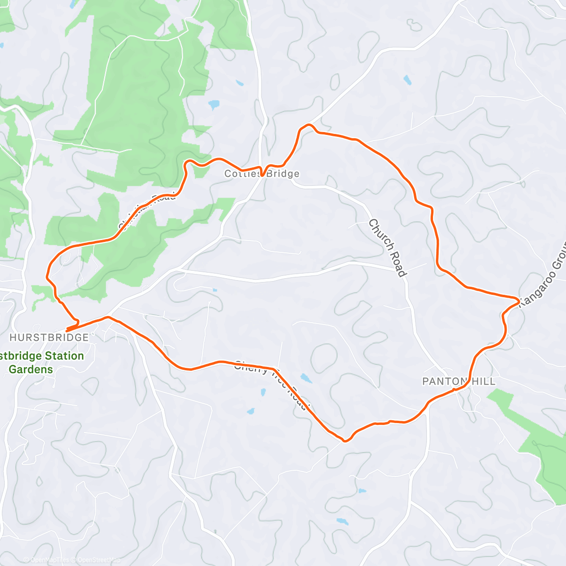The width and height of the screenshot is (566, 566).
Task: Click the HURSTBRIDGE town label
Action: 49,337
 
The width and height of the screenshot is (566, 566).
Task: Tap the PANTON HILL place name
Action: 459,381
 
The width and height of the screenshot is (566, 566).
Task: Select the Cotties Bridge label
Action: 262,174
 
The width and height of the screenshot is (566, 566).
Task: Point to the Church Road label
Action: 388,248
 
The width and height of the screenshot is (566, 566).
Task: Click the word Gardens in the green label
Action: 31,369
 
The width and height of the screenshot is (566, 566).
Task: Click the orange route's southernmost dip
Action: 346,441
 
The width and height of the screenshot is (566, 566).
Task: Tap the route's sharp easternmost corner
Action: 519,300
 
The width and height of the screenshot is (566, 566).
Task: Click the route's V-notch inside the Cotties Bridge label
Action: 262,175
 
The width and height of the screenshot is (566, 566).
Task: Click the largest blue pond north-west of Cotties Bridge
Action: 214,104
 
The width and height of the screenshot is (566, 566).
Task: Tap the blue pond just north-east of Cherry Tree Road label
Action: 306,378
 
